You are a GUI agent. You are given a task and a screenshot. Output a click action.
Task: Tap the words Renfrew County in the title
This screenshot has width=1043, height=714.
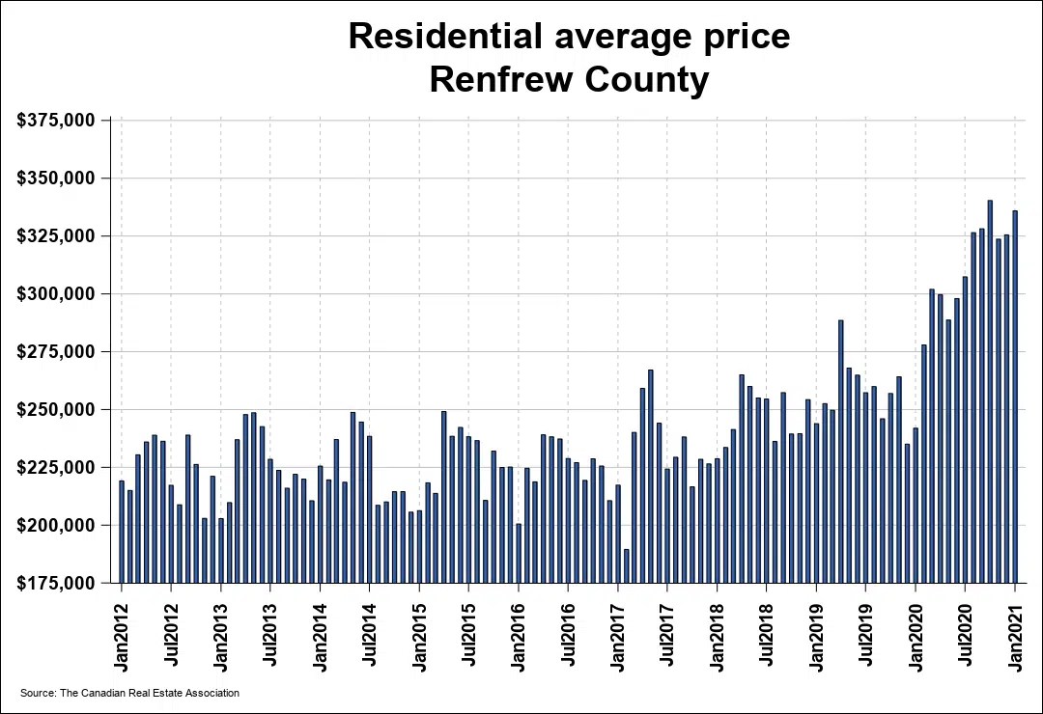569,80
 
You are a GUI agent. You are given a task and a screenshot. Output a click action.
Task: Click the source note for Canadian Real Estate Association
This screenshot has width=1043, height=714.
129,693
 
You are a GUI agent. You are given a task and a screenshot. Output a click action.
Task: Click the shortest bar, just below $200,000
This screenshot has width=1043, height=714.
626,566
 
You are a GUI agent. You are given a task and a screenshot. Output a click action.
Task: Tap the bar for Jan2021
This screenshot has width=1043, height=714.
1015,396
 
